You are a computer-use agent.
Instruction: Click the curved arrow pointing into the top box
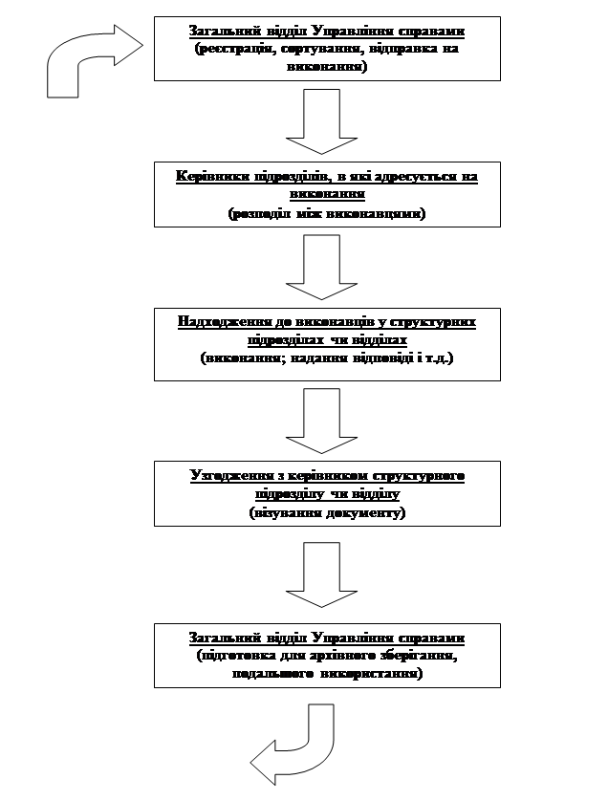[91, 59]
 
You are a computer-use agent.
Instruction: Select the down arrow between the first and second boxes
[321, 121]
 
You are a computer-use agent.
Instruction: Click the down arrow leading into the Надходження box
[321, 268]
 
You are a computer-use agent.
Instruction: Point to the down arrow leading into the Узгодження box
[321, 421]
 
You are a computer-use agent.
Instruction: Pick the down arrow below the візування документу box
[321, 574]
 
